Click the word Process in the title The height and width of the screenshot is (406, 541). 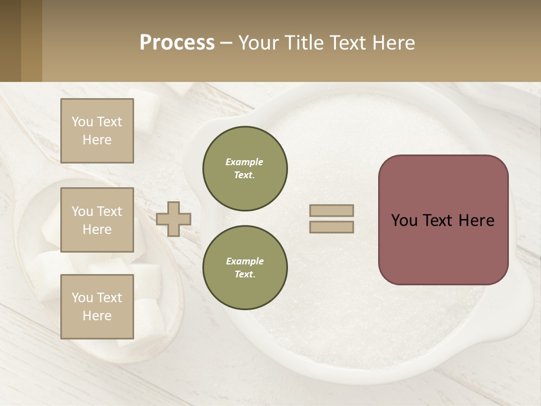177,42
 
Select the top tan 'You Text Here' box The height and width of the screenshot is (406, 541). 97,131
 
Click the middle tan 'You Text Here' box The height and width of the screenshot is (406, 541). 97,220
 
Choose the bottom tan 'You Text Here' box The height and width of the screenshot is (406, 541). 97,307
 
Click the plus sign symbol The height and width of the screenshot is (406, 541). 174,219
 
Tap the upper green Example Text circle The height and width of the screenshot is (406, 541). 245,169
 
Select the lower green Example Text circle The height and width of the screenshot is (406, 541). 245,268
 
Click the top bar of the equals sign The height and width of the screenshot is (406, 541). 331,210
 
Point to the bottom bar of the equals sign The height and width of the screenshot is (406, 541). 331,227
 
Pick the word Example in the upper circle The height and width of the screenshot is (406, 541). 245,162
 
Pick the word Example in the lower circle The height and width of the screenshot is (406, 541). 245,261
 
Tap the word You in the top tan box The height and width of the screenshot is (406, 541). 82,122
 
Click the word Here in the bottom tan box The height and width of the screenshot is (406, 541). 97,316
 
